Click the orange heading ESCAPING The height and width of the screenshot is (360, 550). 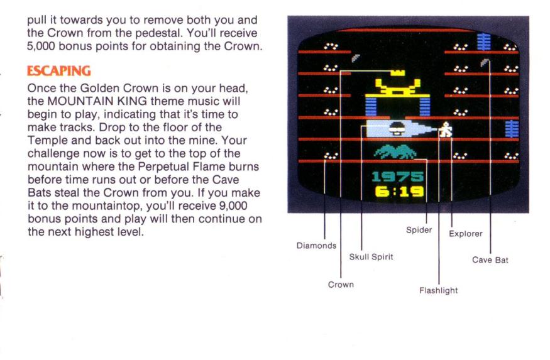pos(58,71)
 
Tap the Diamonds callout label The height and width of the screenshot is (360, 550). pos(316,246)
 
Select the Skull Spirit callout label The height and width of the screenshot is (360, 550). pos(371,257)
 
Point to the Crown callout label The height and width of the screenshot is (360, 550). pos(341,285)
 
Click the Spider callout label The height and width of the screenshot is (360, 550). pos(419,230)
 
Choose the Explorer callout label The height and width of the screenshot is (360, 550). pos(466,234)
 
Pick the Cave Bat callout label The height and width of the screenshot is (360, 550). pos(490,260)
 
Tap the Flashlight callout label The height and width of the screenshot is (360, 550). pos(439,291)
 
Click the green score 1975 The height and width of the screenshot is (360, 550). pos(398,177)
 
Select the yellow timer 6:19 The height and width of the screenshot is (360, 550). pos(399,192)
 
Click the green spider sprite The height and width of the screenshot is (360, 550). pos(395,152)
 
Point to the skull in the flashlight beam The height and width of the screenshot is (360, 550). pos(397,129)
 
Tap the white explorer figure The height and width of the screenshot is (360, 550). pos(446,129)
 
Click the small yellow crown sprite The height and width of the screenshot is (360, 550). pos(398,73)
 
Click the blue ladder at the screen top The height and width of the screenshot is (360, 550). pos(483,41)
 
